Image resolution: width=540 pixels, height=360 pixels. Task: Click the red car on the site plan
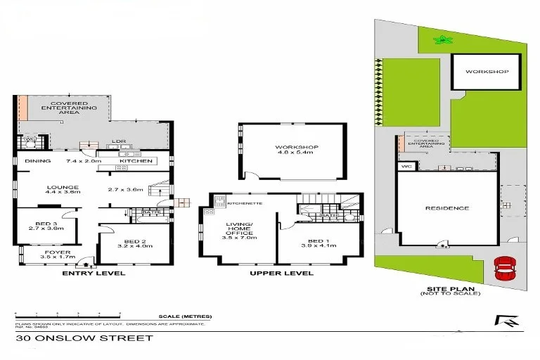click(x=503, y=268)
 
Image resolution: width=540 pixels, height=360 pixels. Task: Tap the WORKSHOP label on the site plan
click(x=486, y=72)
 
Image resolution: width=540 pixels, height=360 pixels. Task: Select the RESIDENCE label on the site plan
click(x=446, y=208)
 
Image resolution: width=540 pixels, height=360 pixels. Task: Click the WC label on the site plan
click(x=406, y=167)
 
